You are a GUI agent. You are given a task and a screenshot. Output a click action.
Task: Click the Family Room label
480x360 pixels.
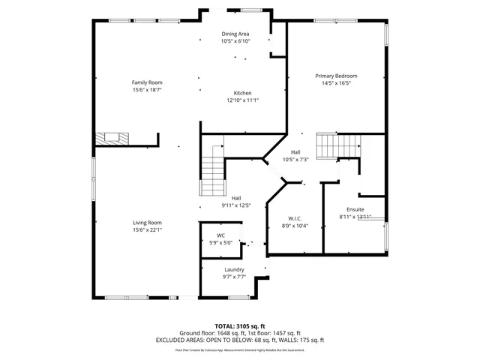[147, 82]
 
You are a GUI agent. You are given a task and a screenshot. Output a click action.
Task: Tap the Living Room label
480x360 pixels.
[147, 223]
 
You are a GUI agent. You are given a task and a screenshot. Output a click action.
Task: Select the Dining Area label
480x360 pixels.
[235, 34]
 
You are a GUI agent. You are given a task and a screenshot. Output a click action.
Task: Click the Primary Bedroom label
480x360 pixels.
[335, 76]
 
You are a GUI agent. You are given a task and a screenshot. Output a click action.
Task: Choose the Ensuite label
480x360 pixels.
[355, 209]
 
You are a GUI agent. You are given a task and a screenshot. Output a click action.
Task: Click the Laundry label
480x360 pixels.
[235, 269]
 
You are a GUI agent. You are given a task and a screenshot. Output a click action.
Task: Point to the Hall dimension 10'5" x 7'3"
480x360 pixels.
[295, 160]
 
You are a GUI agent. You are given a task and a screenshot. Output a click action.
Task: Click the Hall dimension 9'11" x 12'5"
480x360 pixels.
[235, 205]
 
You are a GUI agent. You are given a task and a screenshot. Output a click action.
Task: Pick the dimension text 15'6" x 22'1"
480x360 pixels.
[147, 229]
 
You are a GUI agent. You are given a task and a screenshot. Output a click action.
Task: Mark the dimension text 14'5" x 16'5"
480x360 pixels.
[335, 83]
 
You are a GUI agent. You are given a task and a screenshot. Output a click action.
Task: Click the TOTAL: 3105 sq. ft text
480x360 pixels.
[240, 326]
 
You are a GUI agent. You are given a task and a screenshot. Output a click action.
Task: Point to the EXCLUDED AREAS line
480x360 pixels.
[240, 340]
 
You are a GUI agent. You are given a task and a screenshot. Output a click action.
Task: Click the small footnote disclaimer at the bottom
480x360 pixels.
[240, 349]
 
